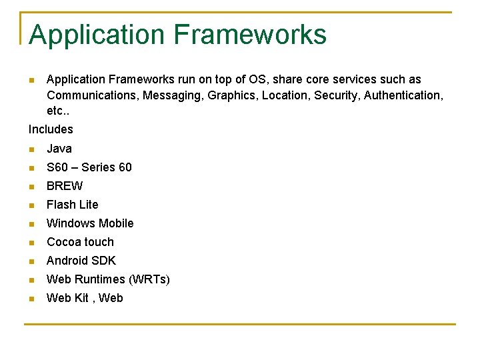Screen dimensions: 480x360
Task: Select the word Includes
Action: point(51,129)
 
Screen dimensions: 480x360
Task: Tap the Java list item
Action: point(59,149)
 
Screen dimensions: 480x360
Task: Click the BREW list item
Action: point(65,186)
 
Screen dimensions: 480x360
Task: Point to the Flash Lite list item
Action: point(72,205)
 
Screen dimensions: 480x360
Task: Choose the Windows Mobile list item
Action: point(90,223)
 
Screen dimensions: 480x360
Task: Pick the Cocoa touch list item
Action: point(80,242)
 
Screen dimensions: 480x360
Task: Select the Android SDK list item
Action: point(81,261)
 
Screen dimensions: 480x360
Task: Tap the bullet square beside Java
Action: point(31,149)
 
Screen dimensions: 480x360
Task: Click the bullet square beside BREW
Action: point(31,187)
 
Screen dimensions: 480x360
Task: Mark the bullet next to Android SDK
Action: point(31,261)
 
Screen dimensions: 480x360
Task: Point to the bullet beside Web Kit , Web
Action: point(31,299)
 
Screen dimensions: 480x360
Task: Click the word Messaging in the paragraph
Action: point(172,95)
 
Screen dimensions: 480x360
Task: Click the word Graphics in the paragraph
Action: point(231,95)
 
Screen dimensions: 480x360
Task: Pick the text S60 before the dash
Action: point(57,167)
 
